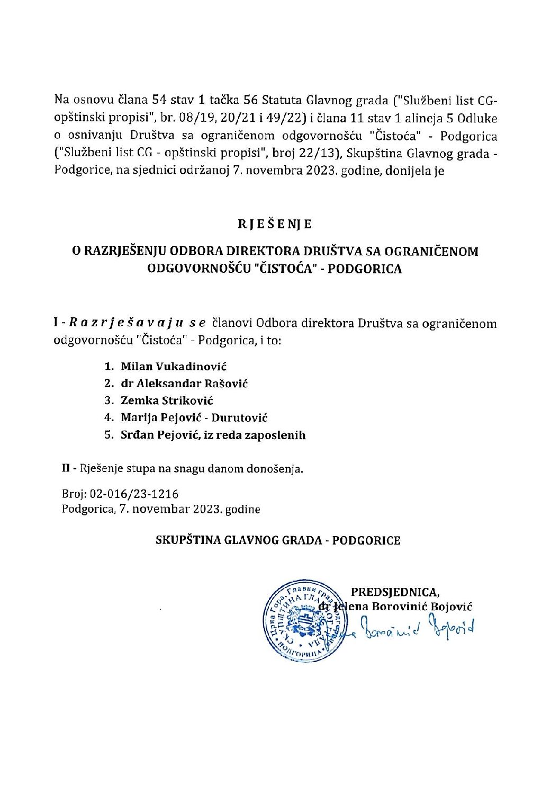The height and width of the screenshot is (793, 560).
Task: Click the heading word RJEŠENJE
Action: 275,224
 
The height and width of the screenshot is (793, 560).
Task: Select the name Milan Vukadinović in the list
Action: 174,366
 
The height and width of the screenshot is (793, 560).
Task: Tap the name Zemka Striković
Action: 167,400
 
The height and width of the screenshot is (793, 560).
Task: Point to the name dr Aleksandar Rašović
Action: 184,383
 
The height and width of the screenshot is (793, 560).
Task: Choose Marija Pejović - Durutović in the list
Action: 194,417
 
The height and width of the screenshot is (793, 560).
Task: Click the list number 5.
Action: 109,435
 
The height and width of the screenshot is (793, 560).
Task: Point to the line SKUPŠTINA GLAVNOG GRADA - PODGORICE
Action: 278,540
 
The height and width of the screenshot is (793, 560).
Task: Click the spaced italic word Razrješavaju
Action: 127,323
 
